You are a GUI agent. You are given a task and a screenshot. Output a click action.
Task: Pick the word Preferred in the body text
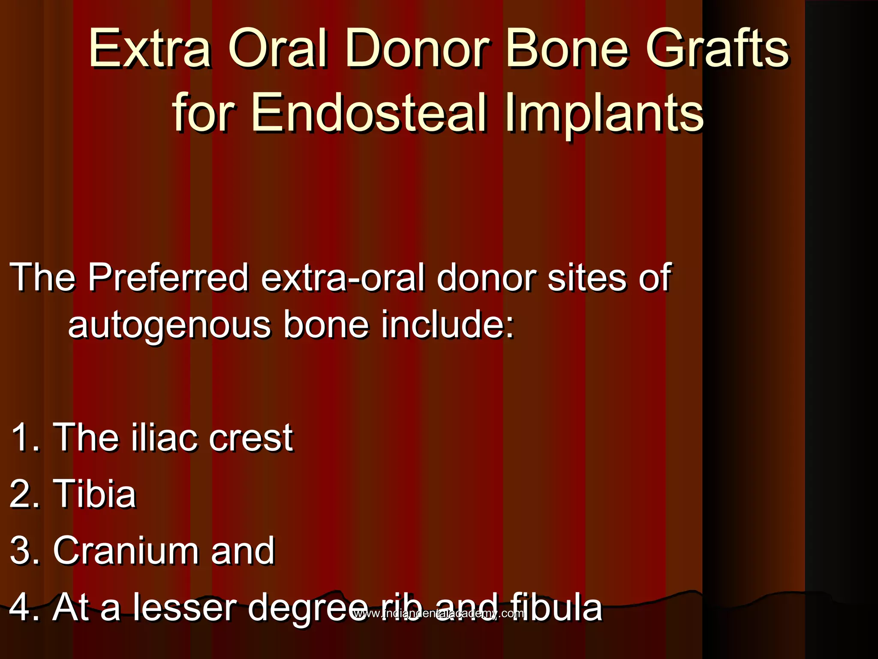tap(168, 278)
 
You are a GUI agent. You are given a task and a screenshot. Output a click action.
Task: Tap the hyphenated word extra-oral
tap(343, 278)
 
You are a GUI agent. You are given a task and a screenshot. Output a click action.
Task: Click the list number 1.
tap(24, 437)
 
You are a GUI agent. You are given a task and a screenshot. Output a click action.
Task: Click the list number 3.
tap(24, 550)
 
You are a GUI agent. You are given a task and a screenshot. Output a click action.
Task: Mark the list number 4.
tap(24, 607)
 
